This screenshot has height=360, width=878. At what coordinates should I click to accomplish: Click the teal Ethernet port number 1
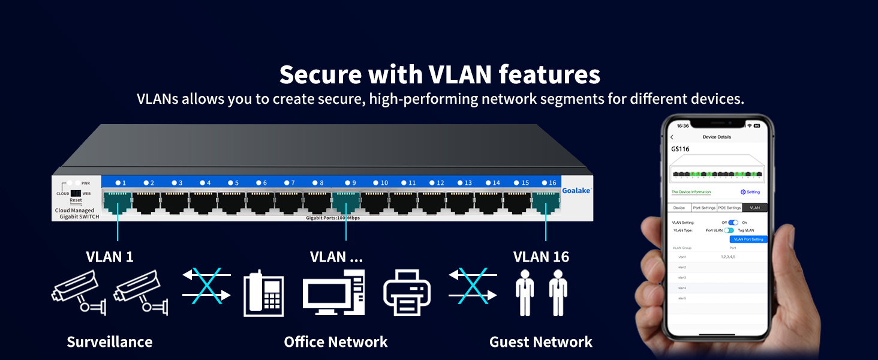point(118,202)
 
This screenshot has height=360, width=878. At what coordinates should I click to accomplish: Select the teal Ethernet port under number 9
point(345,202)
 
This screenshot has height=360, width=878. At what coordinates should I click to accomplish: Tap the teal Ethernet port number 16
point(545,202)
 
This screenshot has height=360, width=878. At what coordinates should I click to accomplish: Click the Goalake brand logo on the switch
point(576,190)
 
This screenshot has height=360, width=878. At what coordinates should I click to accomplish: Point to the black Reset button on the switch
point(76,194)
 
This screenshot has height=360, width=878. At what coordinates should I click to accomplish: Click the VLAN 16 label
point(541,257)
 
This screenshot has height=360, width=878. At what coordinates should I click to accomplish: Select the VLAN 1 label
point(110,257)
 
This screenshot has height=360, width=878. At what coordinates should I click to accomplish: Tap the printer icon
point(407,292)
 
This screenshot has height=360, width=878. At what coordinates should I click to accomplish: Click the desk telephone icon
point(263,294)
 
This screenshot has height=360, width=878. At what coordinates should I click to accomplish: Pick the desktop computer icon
point(333,293)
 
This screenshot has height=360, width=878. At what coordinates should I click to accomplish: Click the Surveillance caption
point(110,342)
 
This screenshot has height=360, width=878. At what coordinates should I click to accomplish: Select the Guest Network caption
point(541,342)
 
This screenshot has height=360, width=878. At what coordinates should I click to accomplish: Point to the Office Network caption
point(336,342)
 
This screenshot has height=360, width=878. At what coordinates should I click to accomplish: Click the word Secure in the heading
point(320,75)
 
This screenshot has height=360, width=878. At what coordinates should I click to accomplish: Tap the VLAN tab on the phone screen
point(754,208)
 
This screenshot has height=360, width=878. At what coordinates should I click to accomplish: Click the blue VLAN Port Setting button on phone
point(748,239)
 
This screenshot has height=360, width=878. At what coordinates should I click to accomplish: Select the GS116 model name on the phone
point(680,149)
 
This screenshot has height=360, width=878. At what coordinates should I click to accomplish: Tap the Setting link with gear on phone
point(750,192)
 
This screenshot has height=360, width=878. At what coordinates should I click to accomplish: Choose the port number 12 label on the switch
point(437,183)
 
